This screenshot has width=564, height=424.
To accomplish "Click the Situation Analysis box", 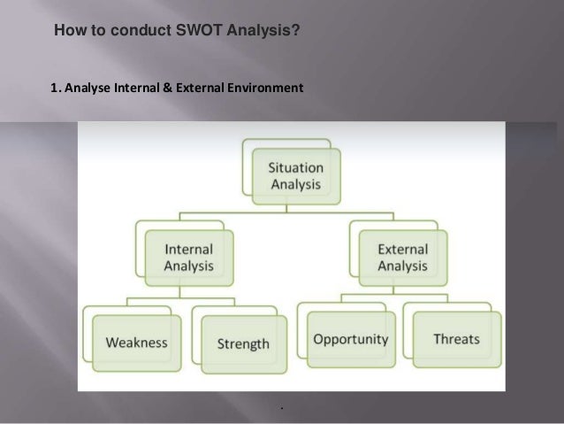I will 294,175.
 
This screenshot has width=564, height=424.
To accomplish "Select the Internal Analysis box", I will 188,257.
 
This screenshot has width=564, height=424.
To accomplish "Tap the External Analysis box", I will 402,257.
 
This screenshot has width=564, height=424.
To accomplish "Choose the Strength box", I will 242,343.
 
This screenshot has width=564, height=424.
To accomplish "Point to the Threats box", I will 456,338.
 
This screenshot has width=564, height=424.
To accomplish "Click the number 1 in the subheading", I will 55,88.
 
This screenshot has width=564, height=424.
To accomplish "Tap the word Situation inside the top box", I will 294,166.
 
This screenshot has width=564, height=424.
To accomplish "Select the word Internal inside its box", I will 188,250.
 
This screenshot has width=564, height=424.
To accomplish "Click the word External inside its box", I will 402,250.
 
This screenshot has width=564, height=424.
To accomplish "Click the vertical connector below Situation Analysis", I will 286,206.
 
